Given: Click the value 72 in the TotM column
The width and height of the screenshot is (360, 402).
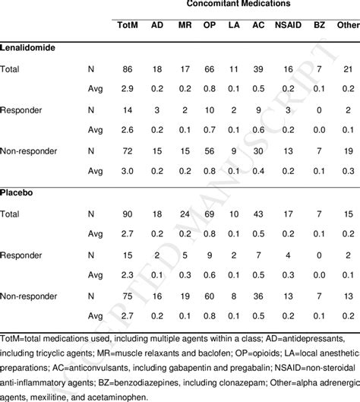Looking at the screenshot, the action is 128,151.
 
